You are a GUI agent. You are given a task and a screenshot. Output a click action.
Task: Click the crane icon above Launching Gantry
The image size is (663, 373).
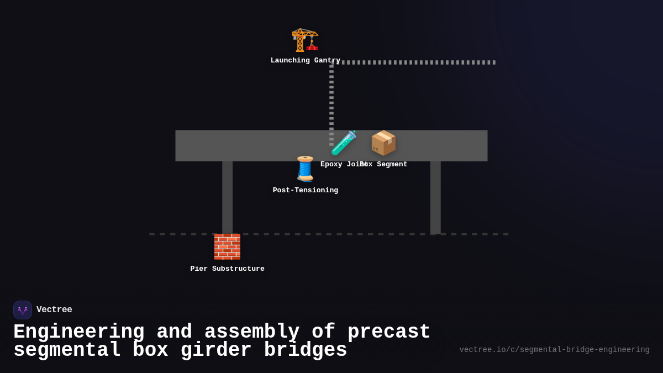click(x=305, y=40)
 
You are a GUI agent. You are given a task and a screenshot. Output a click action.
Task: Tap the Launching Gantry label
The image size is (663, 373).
click(x=305, y=61)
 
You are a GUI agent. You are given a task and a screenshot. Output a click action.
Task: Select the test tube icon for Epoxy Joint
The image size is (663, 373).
click(x=344, y=143)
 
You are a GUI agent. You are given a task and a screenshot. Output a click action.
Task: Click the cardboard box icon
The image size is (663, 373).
click(x=383, y=143)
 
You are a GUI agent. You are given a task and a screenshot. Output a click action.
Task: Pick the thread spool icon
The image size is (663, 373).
click(x=305, y=169)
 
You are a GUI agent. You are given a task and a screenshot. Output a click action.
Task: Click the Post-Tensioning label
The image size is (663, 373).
click(x=305, y=191)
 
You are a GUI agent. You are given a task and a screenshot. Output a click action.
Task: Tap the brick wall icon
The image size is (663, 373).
click(x=227, y=246)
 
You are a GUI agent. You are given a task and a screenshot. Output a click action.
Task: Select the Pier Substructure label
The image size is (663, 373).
click(x=227, y=269)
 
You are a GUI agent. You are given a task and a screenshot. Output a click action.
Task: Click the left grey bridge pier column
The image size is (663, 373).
click(x=227, y=197)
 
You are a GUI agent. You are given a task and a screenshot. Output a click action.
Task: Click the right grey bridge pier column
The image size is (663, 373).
click(x=435, y=197)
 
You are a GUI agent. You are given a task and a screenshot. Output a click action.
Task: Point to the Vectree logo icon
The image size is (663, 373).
click(x=23, y=310)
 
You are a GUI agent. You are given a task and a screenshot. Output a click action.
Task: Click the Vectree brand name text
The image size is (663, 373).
click(x=54, y=310)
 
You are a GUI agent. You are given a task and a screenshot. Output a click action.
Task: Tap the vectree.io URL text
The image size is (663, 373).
click(x=554, y=350)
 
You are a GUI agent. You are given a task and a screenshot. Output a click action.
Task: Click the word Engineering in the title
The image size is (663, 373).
click(x=78, y=332)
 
